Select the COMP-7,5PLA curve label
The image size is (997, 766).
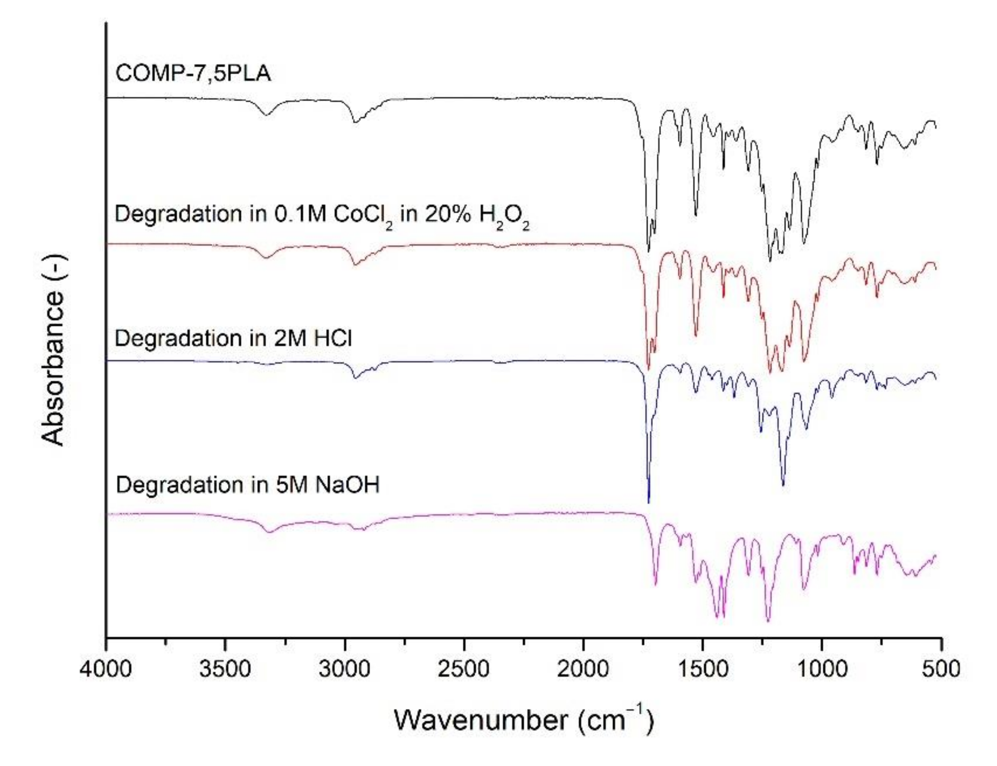(193, 73)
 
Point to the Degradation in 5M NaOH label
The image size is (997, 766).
(247, 485)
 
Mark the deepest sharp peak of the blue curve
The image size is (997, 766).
(648, 502)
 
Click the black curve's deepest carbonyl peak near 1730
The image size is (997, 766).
(648, 250)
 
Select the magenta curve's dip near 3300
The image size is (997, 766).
(270, 532)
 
